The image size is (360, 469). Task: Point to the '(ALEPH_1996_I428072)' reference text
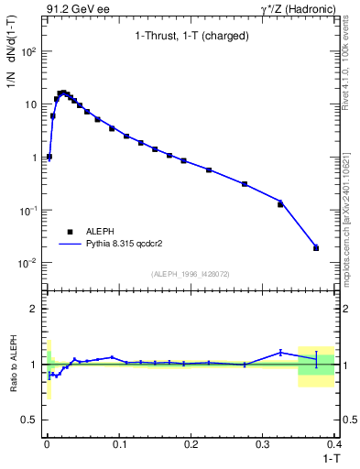[x=190, y=274]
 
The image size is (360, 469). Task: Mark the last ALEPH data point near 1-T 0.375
[x=316, y=247]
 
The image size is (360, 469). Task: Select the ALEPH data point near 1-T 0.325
[x=280, y=204]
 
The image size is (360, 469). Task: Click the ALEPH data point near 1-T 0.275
[x=245, y=184]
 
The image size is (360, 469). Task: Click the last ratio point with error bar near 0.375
[x=316, y=359]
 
